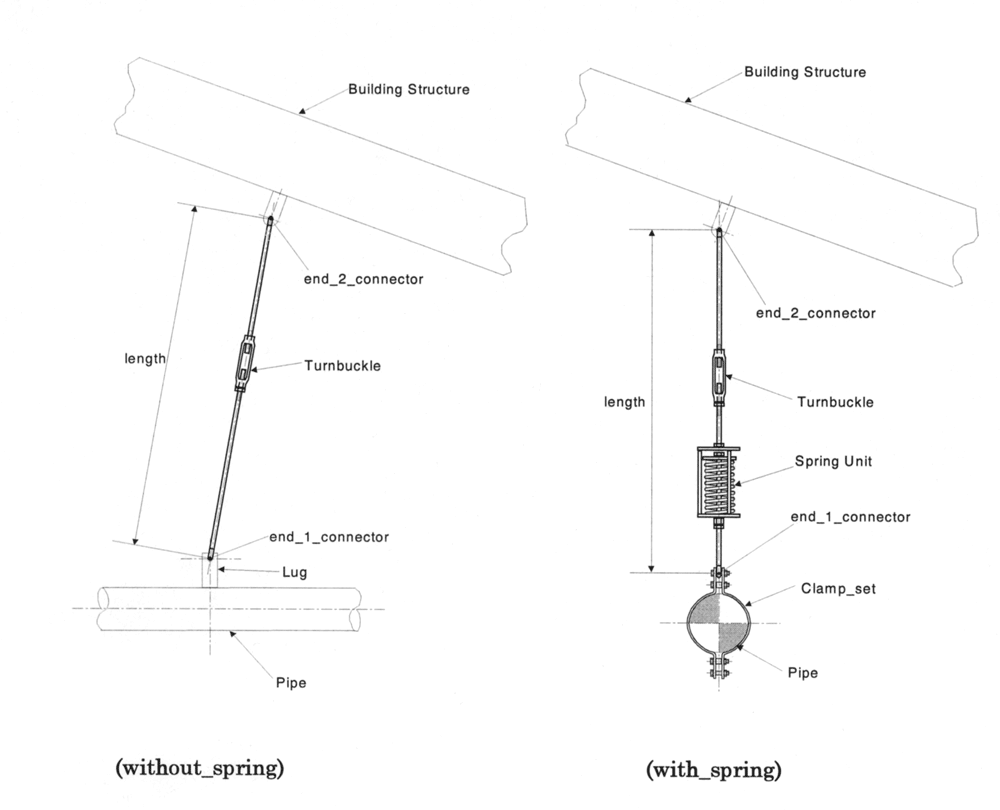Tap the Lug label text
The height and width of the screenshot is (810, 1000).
click(295, 572)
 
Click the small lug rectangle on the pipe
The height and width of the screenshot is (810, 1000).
click(210, 570)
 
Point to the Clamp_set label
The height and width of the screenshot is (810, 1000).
click(838, 588)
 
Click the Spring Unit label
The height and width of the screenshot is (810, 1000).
click(833, 461)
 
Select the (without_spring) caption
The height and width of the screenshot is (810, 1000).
click(199, 768)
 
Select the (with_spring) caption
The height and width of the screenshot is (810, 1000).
click(714, 770)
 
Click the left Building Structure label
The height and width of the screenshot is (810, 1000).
click(409, 89)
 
